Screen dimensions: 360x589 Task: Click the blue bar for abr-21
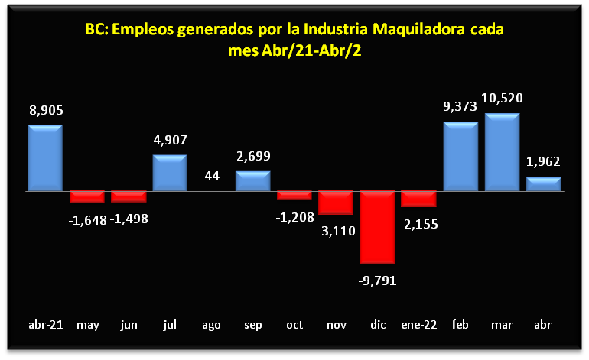coord(45,158)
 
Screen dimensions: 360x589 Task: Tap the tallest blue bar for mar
coord(503,153)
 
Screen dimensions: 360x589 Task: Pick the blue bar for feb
coord(460,157)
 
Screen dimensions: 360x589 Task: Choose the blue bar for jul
coord(170,174)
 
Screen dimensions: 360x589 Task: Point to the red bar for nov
coord(336,203)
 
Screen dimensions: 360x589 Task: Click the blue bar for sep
coord(252,181)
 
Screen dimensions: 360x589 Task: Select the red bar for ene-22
coord(419,199)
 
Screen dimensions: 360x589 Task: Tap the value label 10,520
coord(503,98)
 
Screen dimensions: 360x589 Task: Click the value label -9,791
coord(378,280)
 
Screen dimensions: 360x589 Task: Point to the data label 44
coord(211,176)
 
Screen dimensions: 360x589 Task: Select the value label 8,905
coord(46,110)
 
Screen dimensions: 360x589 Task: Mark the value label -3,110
coord(337,230)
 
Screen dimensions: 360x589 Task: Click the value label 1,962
coord(544,161)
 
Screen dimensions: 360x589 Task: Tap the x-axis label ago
coord(211,325)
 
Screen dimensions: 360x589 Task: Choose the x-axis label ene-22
coord(419,325)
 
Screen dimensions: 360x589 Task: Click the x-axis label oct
coord(294,325)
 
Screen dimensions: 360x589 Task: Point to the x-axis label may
coord(87,325)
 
